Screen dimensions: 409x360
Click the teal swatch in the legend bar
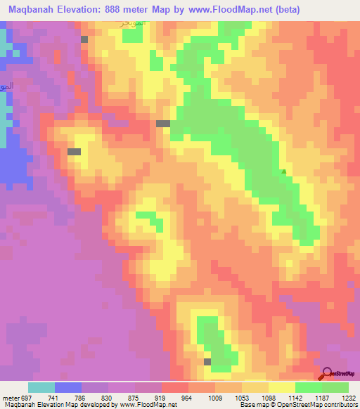[41, 387]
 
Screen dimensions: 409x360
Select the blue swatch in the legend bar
[68, 387]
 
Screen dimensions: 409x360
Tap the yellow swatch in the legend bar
[282, 387]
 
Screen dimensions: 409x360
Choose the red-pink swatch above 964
[175, 387]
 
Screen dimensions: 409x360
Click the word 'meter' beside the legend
[11, 397]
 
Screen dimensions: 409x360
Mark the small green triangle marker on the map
[283, 171]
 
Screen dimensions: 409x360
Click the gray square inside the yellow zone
[74, 151]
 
